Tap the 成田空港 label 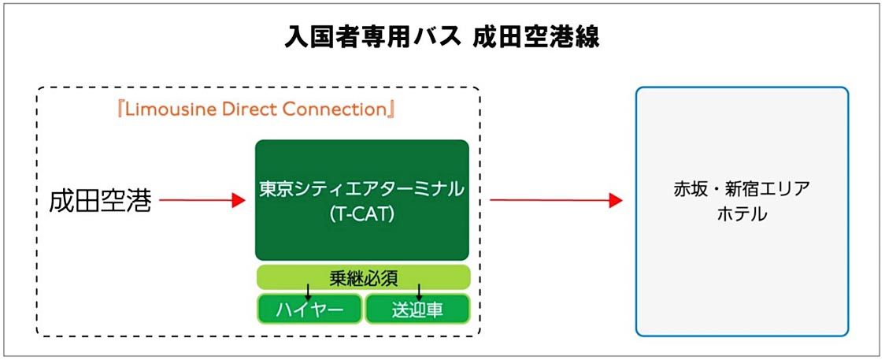[x=99, y=201]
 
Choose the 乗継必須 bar [x=363, y=277]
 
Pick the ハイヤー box [x=309, y=310]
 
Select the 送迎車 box [x=417, y=310]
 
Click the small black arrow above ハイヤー [x=308, y=291]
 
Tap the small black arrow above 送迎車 [x=420, y=291]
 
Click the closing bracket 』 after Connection [x=389, y=109]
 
